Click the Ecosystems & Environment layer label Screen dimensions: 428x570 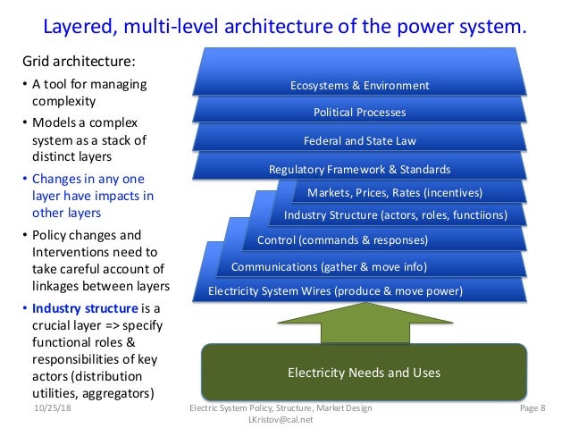(360, 86)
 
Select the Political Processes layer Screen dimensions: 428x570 (360, 113)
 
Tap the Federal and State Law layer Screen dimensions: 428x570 (360, 140)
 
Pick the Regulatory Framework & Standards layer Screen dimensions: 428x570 (360, 169)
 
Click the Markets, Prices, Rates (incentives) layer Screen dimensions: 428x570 (394, 192)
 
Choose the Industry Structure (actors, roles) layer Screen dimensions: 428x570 (395, 214)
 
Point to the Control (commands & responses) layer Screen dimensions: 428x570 (342, 239)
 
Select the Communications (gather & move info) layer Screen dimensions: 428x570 (329, 266)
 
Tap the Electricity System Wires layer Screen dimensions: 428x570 (335, 290)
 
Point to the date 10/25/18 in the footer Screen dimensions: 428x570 (52, 408)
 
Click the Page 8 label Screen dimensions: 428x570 (536, 408)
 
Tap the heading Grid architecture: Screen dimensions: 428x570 (80, 63)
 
